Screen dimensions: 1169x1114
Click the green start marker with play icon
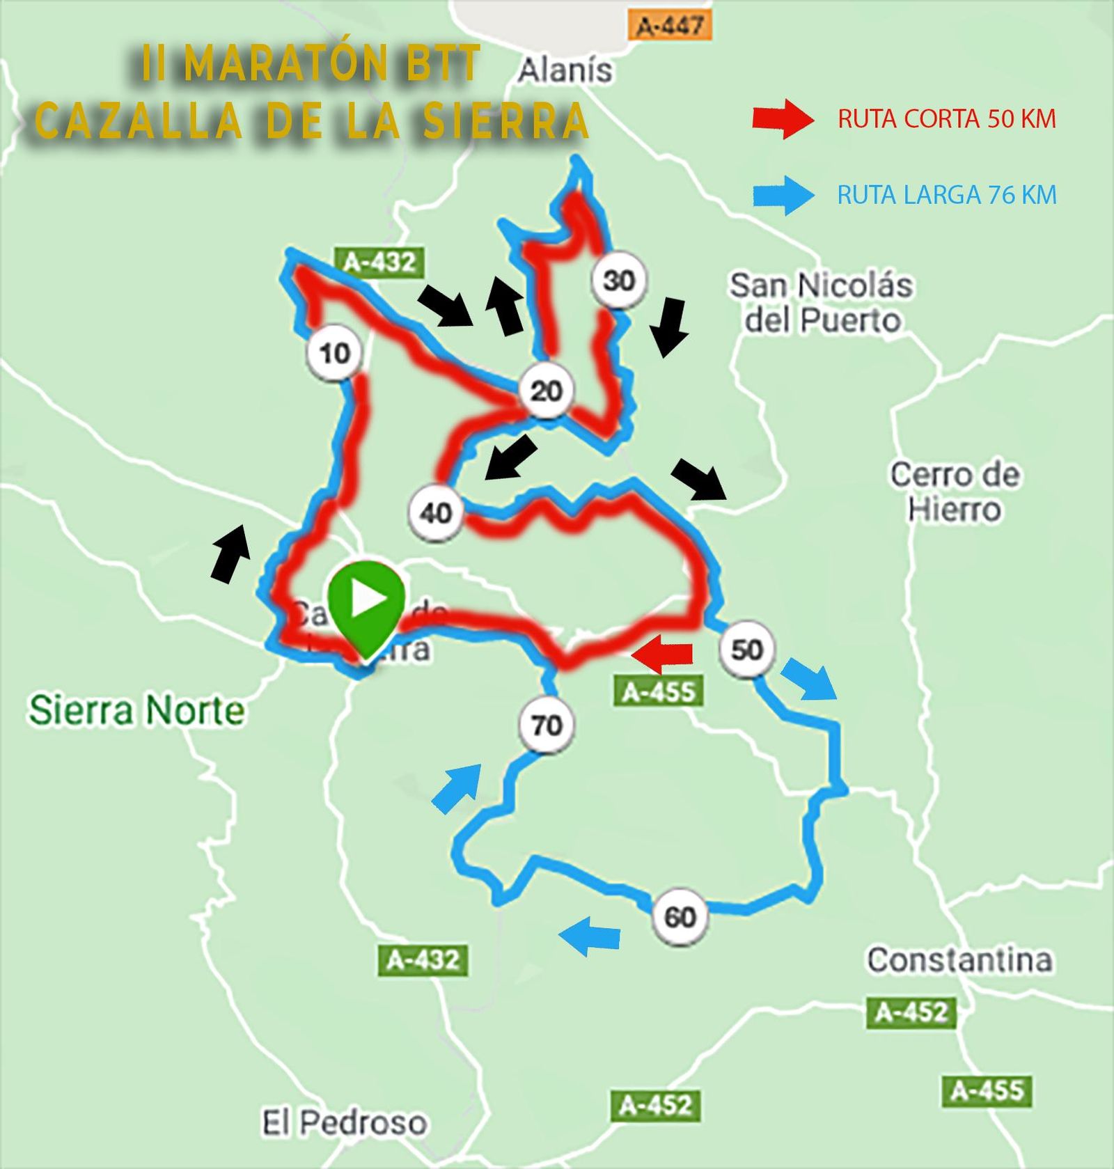pos(366,603)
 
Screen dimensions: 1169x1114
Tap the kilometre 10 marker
pos(335,353)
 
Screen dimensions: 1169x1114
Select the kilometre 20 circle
pos(546,391)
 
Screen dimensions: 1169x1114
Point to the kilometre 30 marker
pos(619,281)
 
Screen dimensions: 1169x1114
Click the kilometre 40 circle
pos(437,513)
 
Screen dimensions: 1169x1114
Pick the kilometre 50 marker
pos(747,649)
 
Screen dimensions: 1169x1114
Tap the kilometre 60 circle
pos(680,916)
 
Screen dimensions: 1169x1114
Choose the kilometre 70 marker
pos(547,725)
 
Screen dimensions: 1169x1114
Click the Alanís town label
pos(565,70)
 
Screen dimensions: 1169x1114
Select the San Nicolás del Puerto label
pos(821,303)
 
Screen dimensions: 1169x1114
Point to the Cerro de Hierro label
pos(955,492)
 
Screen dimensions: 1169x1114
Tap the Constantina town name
pos(959,960)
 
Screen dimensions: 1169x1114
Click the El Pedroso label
pos(344,1122)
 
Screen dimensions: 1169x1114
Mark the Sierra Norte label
pos(136,710)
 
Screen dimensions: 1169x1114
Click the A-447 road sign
pos(670,26)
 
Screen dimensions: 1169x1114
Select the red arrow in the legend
pos(783,119)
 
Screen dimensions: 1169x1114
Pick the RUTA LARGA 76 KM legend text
pos(947,195)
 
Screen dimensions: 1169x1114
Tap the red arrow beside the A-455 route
pos(662,654)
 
